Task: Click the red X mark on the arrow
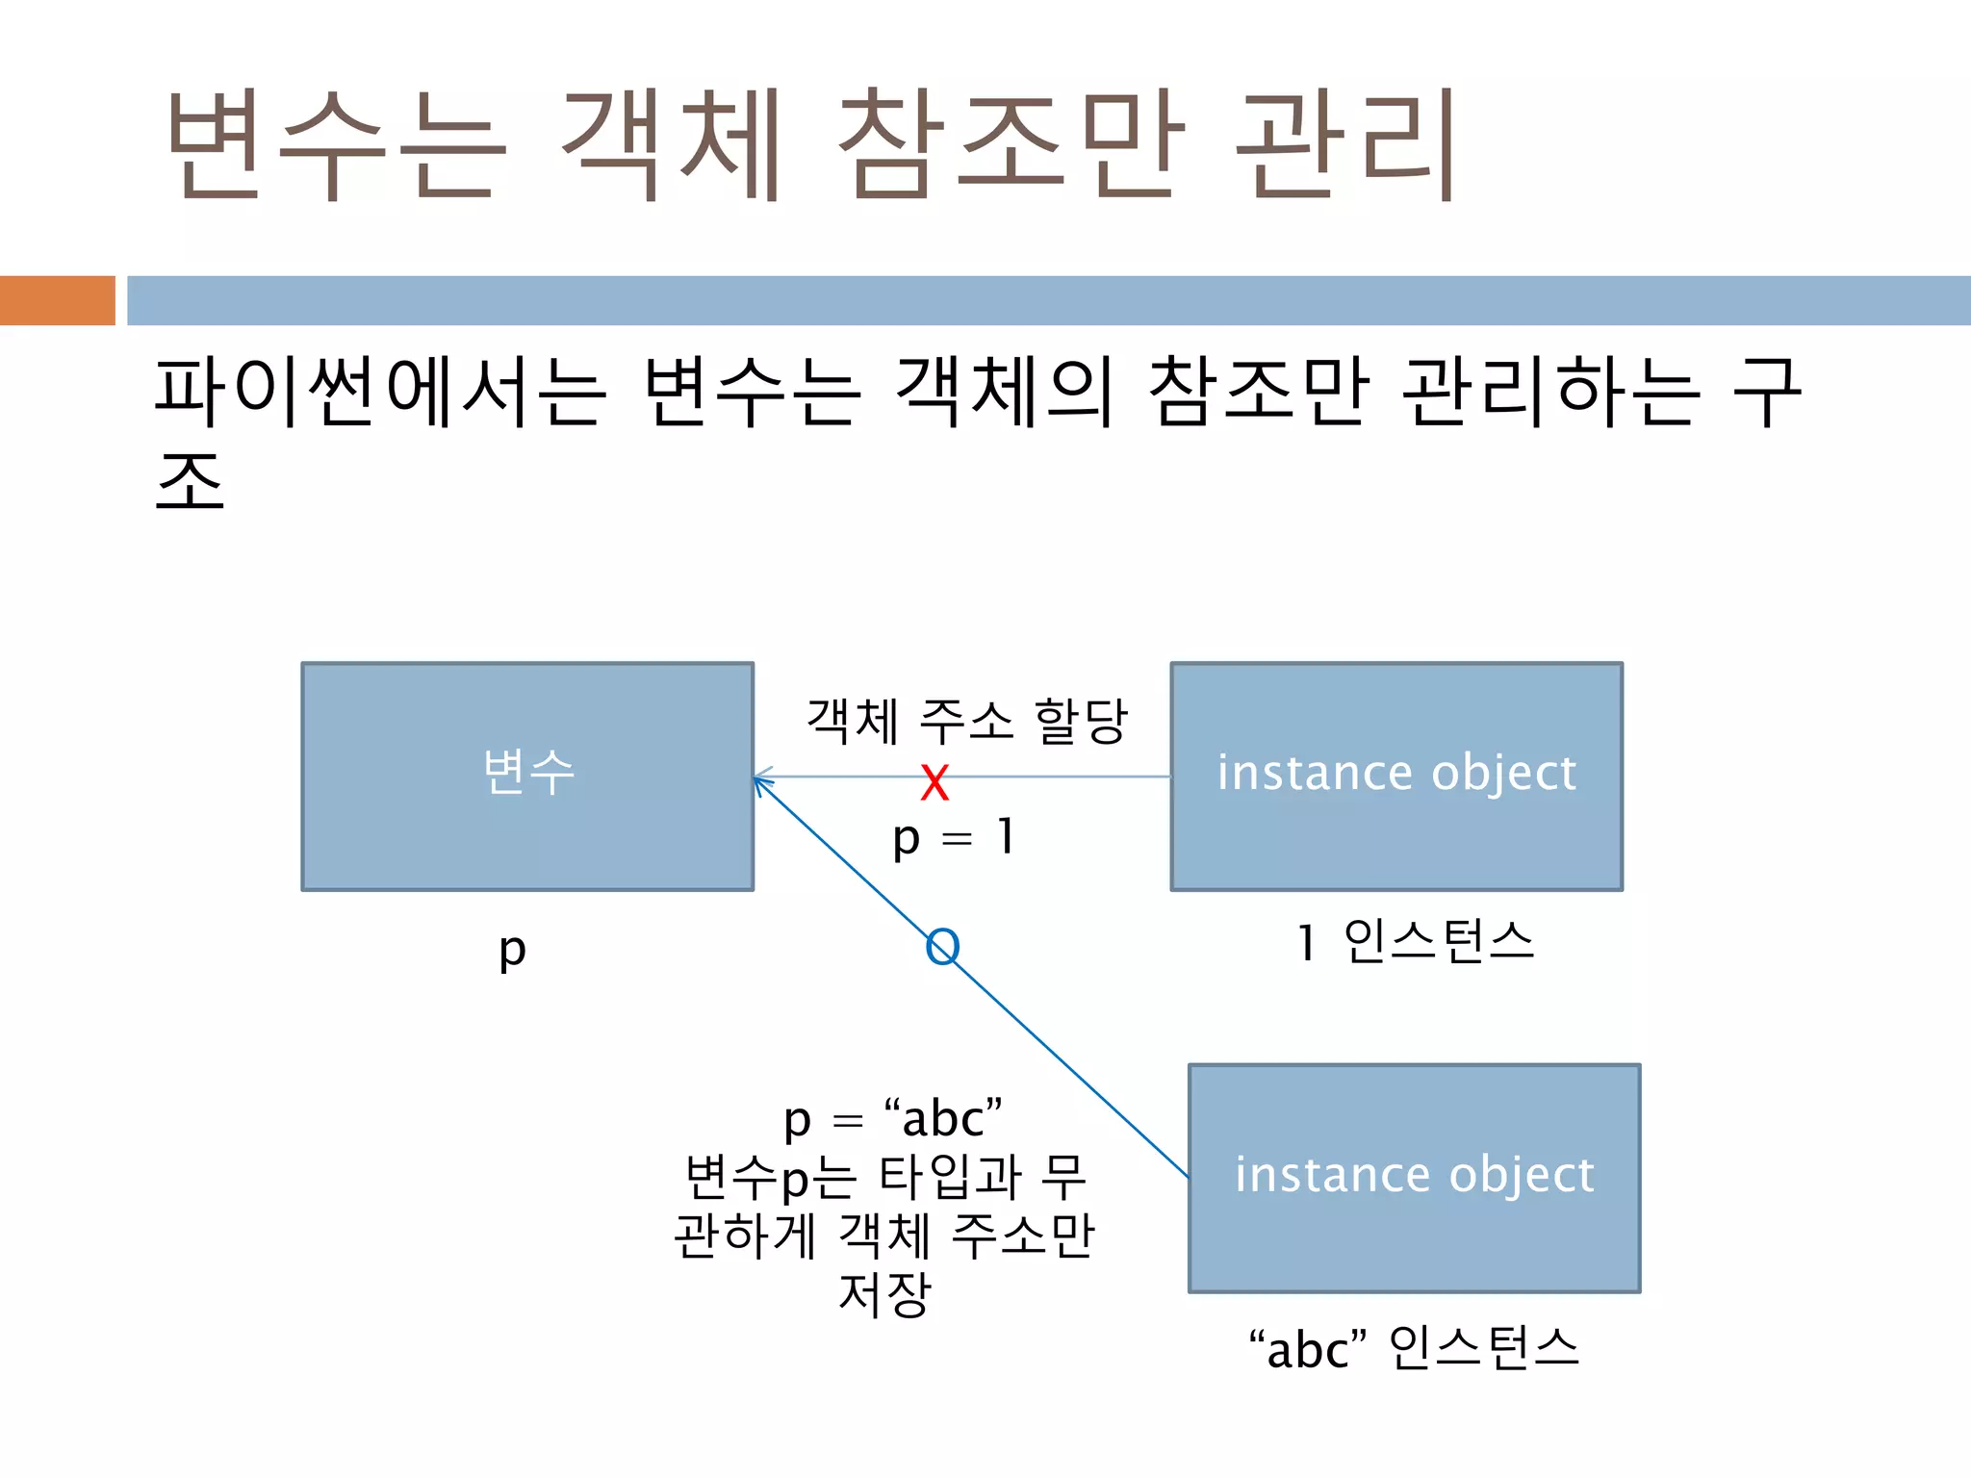click(934, 782)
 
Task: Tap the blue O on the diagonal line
click(942, 947)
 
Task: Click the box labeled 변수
click(527, 777)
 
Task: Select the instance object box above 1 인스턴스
click(1396, 777)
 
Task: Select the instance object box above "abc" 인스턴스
click(1414, 1178)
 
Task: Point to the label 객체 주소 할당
click(966, 721)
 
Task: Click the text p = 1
click(953, 837)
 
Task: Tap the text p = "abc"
click(893, 1119)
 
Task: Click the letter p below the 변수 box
click(512, 950)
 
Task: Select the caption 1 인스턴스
click(1415, 941)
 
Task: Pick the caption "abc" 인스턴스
click(1414, 1347)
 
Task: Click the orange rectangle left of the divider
click(57, 300)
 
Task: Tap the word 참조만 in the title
click(1011, 144)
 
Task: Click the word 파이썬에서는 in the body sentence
click(380, 392)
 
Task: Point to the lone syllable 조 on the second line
click(190, 481)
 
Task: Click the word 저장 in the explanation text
click(884, 1293)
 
